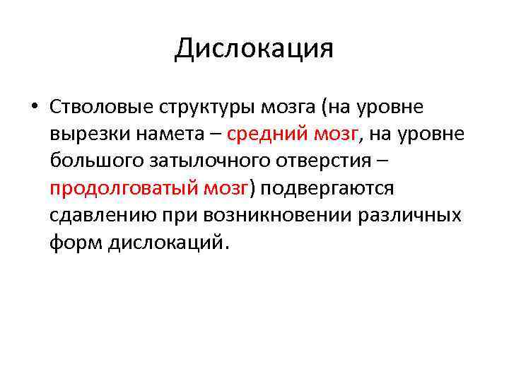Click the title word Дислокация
254,48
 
